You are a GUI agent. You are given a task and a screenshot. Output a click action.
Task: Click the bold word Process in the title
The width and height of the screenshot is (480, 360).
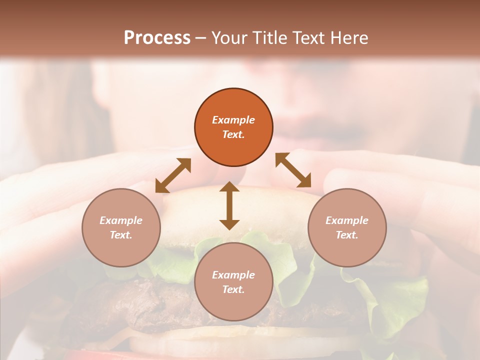pyautogui.click(x=157, y=38)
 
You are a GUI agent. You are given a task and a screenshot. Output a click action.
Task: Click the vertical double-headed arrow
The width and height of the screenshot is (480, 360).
pyautogui.click(x=229, y=205)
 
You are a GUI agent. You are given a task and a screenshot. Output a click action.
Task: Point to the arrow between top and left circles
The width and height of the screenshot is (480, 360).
pyautogui.click(x=173, y=175)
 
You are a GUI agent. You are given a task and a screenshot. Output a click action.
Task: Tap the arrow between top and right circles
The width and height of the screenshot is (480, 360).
pyautogui.click(x=293, y=170)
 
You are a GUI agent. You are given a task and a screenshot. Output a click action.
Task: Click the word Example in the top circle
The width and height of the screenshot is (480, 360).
pyautogui.click(x=233, y=120)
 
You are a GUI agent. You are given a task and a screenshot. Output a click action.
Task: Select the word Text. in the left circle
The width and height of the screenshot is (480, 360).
pyautogui.click(x=121, y=235)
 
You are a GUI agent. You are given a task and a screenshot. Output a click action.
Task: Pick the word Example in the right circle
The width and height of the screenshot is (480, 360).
pyautogui.click(x=347, y=220)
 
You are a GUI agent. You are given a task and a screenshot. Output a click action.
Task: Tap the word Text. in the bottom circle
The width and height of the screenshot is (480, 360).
pyautogui.click(x=233, y=289)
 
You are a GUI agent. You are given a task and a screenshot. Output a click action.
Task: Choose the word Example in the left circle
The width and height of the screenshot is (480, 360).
pyautogui.click(x=121, y=220)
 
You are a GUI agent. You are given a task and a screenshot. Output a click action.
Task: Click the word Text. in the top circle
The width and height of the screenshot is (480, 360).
pyautogui.click(x=233, y=134)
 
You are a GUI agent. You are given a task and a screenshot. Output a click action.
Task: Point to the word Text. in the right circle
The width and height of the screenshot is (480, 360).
pyautogui.click(x=347, y=235)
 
